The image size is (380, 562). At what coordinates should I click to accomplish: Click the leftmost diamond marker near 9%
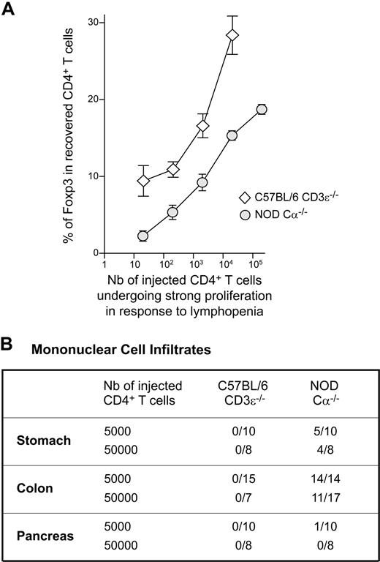[x=143, y=181]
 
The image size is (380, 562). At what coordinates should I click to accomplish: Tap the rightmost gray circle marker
[x=261, y=109]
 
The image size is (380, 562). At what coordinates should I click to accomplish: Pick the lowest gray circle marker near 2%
[x=143, y=236]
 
